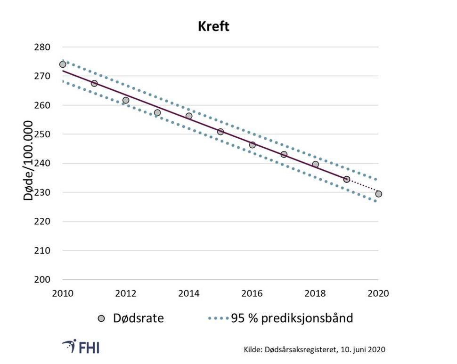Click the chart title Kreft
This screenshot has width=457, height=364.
pos(213,26)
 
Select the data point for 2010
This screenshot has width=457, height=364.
pos(63,64)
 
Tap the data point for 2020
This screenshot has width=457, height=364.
pos(378,194)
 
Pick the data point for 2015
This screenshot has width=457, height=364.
pos(220,132)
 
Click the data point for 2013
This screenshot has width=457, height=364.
pos(157,113)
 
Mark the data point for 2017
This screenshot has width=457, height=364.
pos(284,154)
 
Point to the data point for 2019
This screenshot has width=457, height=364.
pos(347,179)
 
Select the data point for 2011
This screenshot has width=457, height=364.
pos(94,83)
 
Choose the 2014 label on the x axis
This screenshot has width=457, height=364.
pos(189,293)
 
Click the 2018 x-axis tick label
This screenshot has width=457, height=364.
pos(315,293)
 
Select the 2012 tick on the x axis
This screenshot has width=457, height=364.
pos(126,293)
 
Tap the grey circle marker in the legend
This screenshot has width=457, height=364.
pos(101,318)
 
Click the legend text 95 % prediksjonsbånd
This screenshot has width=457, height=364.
pos(292,318)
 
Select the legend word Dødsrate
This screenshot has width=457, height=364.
pos(138,318)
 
